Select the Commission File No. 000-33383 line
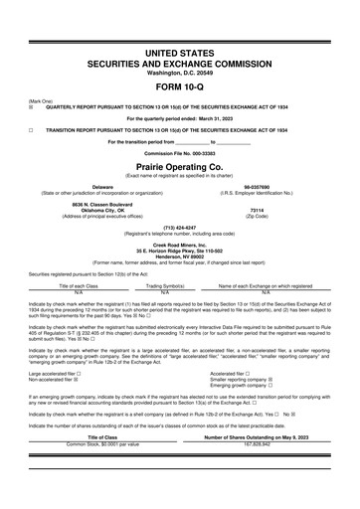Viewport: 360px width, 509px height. click(180, 154)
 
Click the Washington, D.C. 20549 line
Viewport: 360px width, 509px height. click(180, 71)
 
